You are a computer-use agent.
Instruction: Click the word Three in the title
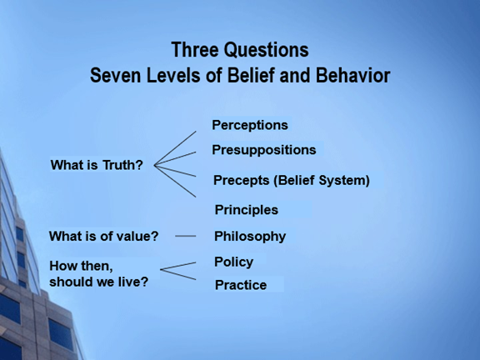pyautogui.click(x=195, y=50)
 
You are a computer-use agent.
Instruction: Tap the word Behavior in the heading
pyautogui.click(x=353, y=75)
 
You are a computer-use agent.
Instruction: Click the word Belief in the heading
pyautogui.click(x=251, y=75)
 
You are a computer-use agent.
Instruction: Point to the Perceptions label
pyautogui.click(x=250, y=125)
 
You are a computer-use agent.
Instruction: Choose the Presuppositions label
pyautogui.click(x=264, y=150)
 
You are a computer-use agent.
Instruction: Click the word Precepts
pyautogui.click(x=241, y=180)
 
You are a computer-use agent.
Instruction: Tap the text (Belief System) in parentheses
pyautogui.click(x=322, y=180)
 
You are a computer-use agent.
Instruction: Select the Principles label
pyautogui.click(x=247, y=210)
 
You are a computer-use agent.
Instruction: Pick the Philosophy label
pyautogui.click(x=250, y=237)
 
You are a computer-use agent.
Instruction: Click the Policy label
pyautogui.click(x=234, y=262)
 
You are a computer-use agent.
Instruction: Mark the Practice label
pyautogui.click(x=241, y=285)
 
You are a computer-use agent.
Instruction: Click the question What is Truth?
pyautogui.click(x=97, y=165)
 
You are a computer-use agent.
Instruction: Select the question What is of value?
pyautogui.click(x=104, y=236)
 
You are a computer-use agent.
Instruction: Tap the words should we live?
pyautogui.click(x=99, y=282)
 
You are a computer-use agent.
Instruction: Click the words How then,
pyautogui.click(x=81, y=266)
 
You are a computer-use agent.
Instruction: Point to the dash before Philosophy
pyautogui.click(x=186, y=236)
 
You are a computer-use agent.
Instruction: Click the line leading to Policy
pyautogui.click(x=178, y=266)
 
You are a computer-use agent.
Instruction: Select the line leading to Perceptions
pyautogui.click(x=175, y=148)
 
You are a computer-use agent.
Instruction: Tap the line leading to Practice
pyautogui.click(x=178, y=275)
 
